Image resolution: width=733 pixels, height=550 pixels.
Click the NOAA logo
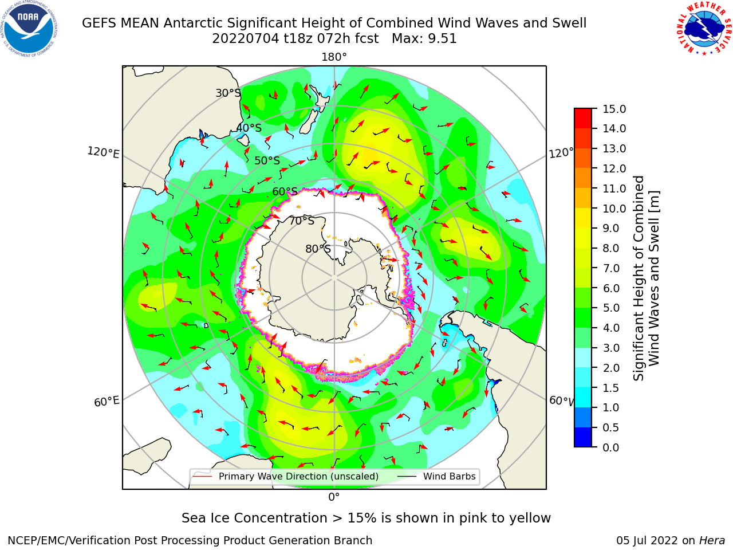coord(29,29)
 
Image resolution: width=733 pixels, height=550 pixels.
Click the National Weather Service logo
coord(704,29)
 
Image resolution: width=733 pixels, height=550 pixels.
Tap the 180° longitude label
coord(334,57)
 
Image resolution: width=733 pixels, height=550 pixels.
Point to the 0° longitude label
coord(334,497)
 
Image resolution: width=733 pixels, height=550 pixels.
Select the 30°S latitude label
coord(228,93)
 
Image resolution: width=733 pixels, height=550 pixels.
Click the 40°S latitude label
coord(249,128)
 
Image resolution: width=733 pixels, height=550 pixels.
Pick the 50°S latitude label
coord(267,160)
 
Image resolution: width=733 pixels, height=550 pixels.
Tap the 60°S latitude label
coord(285,192)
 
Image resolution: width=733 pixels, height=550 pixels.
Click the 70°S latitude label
coord(302,221)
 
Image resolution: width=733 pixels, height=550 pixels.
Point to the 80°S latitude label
coord(318,249)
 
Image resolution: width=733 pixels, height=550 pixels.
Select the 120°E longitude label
coord(103,152)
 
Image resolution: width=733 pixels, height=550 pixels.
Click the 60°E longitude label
coord(107,402)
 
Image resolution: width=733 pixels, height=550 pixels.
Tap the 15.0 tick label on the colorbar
coord(614,109)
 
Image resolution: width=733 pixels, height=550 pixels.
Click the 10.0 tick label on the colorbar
coord(614,209)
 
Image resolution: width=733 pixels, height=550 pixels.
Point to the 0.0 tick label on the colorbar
coord(611,447)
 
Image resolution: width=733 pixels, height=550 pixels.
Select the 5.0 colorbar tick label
coord(611,308)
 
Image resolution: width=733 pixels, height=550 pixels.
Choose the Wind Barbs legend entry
coord(436,477)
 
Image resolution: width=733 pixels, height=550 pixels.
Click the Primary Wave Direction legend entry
coord(286,477)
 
